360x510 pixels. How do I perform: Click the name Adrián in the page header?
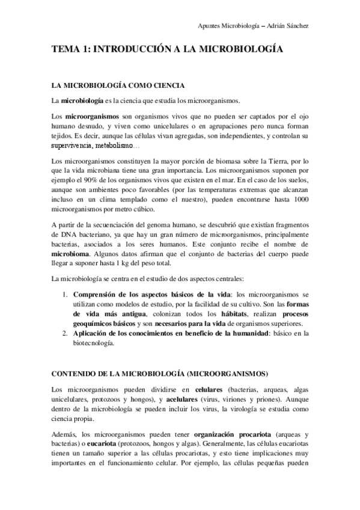291,26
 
